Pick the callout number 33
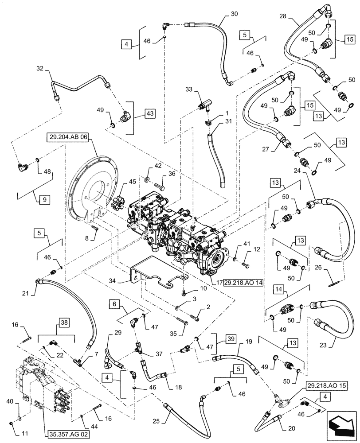(189, 90)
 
